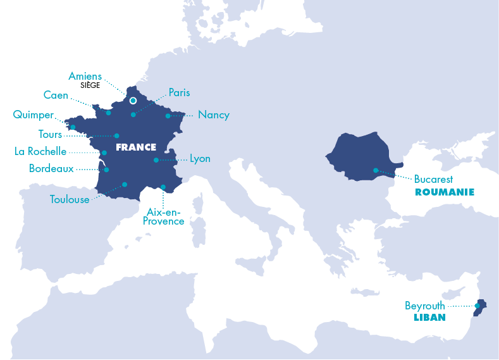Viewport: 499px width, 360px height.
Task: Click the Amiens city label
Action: (x=85, y=77)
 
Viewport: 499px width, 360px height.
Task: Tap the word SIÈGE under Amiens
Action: (x=90, y=85)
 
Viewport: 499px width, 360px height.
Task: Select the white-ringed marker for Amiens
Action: (x=133, y=100)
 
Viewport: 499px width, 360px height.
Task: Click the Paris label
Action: (x=179, y=92)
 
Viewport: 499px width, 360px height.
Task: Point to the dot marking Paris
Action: (x=133, y=115)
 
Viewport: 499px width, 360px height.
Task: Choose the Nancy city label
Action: (x=213, y=115)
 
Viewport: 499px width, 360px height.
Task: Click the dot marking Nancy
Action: (x=168, y=116)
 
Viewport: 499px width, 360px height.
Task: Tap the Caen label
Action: (x=56, y=95)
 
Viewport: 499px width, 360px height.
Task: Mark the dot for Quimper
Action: (x=73, y=127)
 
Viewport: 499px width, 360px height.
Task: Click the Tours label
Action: (x=51, y=134)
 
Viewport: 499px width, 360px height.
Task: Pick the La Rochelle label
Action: (x=40, y=152)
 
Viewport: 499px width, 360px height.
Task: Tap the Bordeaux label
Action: (x=51, y=169)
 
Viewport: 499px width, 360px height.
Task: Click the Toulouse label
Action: (x=70, y=199)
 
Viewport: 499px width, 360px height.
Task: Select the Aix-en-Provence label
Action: (x=164, y=216)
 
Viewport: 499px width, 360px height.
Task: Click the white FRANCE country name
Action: (x=135, y=147)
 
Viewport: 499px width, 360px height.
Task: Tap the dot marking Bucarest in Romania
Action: (x=376, y=170)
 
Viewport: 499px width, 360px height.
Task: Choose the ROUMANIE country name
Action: (x=445, y=191)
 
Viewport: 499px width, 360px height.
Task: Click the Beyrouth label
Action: (x=424, y=306)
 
